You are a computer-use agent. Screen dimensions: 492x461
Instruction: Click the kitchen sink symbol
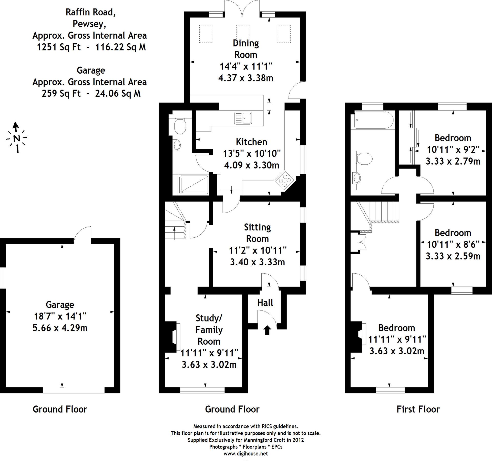click(x=243, y=118)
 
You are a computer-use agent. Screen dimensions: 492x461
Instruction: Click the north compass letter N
click(x=17, y=138)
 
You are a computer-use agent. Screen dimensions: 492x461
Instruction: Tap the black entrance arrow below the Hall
click(x=267, y=330)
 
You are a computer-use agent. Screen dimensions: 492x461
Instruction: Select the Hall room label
click(x=265, y=303)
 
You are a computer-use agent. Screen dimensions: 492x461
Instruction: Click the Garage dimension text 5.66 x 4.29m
click(x=60, y=328)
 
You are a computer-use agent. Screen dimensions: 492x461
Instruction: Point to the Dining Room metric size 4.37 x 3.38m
click(x=245, y=78)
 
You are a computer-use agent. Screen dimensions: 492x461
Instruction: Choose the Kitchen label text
click(x=251, y=142)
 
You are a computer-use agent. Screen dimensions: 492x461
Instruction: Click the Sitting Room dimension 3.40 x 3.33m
click(x=257, y=262)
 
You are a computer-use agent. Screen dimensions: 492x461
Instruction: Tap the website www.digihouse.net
click(x=245, y=453)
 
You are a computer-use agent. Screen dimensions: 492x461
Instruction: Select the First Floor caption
click(x=418, y=409)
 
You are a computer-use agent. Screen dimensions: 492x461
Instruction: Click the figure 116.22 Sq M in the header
click(x=120, y=47)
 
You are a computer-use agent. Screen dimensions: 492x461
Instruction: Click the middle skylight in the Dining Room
click(x=243, y=34)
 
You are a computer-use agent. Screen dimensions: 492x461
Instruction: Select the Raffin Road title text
click(x=91, y=12)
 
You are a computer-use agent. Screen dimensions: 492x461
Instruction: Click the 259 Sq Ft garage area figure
click(x=61, y=93)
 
